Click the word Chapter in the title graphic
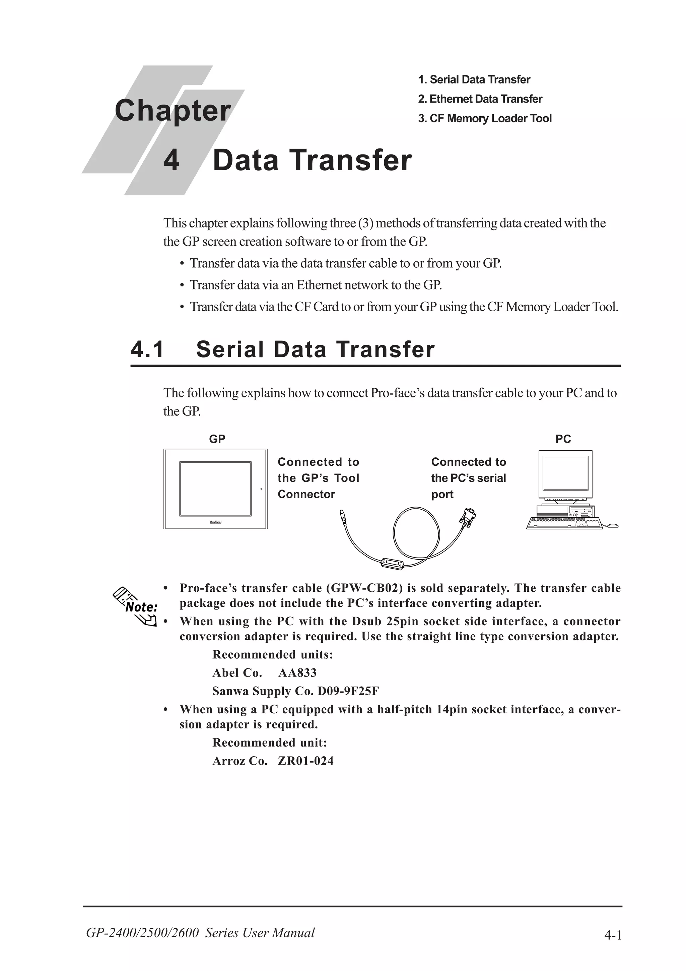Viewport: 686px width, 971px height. point(173,111)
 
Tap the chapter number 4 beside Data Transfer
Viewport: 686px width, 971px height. point(171,161)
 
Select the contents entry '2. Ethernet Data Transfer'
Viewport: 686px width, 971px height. point(480,99)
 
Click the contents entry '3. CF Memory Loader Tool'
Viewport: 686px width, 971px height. point(484,118)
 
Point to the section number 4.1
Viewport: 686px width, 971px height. point(147,350)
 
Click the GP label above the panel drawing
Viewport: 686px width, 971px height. point(217,439)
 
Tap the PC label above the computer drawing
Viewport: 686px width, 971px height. point(563,439)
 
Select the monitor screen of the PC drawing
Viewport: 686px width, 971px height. point(565,472)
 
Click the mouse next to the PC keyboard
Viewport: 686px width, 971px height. point(612,525)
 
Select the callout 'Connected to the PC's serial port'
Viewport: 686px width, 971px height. point(468,478)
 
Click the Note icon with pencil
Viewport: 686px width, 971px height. point(136,606)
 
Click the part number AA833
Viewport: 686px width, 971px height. point(297,673)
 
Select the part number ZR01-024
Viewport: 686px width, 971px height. point(305,761)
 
